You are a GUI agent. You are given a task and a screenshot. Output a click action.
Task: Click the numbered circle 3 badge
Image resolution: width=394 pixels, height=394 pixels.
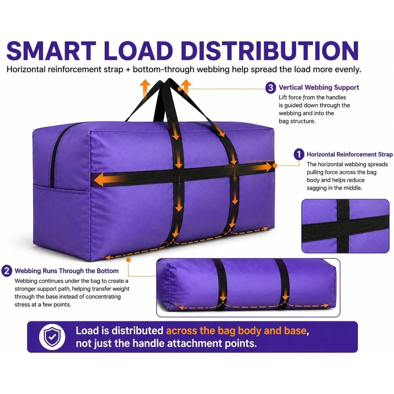tap(271, 88)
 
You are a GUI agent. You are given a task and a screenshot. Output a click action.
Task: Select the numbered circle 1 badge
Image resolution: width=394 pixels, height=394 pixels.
tap(299, 155)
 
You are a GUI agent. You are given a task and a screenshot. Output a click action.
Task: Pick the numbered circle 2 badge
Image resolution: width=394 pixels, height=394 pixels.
tap(7, 271)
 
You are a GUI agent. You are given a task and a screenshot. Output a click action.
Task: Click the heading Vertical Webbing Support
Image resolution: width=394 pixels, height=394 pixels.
tap(319, 88)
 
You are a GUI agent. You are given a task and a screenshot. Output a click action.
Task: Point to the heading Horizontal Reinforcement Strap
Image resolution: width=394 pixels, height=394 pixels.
tap(350, 154)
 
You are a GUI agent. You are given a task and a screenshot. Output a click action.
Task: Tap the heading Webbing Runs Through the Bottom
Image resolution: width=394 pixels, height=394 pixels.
tap(67, 271)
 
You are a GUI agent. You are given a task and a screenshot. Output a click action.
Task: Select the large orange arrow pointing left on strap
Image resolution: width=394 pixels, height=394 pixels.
tap(108, 179)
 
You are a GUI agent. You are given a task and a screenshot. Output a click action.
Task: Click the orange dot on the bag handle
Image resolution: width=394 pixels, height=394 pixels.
tap(180, 89)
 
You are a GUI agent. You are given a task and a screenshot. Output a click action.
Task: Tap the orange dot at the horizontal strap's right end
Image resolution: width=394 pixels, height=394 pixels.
tap(275, 166)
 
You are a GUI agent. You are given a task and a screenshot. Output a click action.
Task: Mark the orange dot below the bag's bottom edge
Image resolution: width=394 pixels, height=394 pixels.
tap(128, 260)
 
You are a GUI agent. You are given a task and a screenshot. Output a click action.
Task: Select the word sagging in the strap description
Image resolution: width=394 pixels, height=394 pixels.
tap(316, 188)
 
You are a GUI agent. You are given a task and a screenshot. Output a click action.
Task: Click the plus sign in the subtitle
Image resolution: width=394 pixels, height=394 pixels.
tap(128, 70)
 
